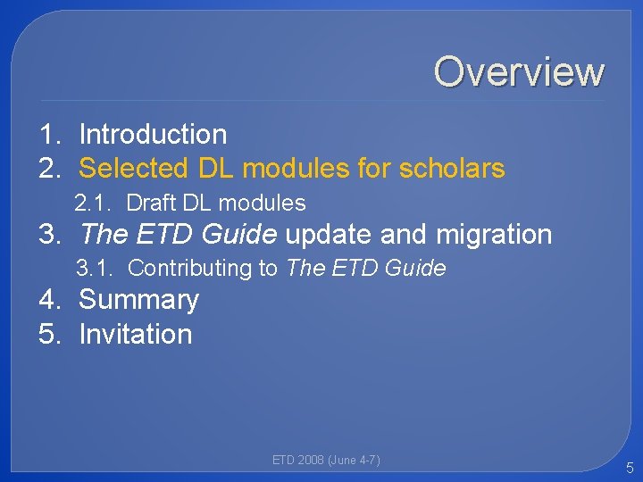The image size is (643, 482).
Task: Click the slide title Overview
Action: tap(519, 71)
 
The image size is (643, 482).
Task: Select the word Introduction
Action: tap(153, 135)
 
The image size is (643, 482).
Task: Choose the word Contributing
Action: tap(190, 268)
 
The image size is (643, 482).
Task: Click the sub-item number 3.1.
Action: tap(93, 268)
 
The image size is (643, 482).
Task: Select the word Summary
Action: tap(138, 300)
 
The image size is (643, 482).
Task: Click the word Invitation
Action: tap(136, 334)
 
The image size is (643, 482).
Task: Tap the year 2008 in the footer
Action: tap(310, 461)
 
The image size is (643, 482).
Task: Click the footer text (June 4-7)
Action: tap(355, 461)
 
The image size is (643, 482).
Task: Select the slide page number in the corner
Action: tap(629, 467)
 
